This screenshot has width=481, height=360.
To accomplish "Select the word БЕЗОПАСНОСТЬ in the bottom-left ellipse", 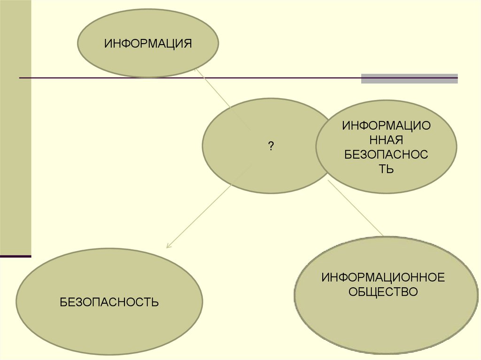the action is [109, 302].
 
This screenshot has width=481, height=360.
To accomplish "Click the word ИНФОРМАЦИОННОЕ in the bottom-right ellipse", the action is [383, 277].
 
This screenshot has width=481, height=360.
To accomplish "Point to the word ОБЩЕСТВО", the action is [383, 292].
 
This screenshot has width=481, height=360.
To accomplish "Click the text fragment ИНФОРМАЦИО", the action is [386, 126].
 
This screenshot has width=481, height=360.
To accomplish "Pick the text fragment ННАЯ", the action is [386, 140].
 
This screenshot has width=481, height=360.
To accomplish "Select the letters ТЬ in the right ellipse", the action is [386, 169].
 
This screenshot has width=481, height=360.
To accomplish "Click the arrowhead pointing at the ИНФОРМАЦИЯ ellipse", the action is [197, 69].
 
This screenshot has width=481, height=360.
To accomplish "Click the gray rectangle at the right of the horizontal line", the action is [409, 78].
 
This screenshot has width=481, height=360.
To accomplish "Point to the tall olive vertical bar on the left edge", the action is [16, 127].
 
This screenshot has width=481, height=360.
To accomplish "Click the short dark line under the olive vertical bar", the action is [16, 256].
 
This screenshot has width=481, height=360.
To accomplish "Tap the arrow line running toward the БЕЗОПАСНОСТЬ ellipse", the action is [207, 207].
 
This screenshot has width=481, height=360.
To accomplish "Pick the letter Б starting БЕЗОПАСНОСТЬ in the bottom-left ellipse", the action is [63, 302].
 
